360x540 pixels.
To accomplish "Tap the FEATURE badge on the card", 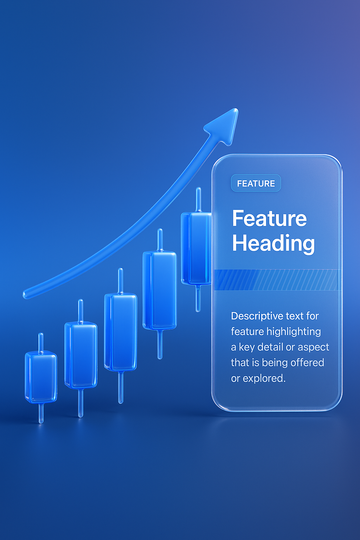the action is [x=256, y=183].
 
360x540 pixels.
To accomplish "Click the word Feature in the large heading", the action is [x=269, y=218].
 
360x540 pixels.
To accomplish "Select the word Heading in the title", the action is [x=273, y=244].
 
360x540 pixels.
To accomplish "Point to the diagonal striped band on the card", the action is [x=277, y=279].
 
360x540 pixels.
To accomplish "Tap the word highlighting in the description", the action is [x=294, y=332].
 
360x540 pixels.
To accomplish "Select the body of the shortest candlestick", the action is [x=41, y=377].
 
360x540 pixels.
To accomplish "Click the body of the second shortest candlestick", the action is [x=81, y=355].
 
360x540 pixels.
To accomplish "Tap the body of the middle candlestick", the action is [x=121, y=332].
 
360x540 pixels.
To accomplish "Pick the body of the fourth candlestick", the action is [x=160, y=290].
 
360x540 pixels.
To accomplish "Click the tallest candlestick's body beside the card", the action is [x=196, y=248].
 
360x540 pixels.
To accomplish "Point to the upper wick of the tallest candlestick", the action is [x=198, y=200].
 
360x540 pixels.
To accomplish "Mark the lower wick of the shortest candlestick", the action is [x=41, y=413].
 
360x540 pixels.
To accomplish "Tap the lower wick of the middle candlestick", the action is [x=121, y=387].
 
